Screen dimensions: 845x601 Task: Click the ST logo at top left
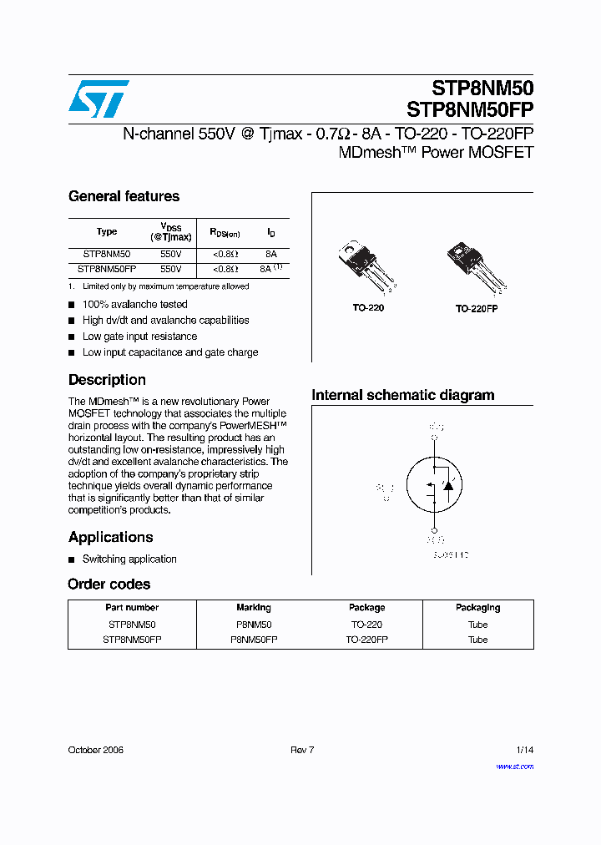[x=98, y=99]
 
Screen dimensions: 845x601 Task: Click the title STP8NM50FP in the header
[x=470, y=109]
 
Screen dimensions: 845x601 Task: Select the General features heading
[x=124, y=196]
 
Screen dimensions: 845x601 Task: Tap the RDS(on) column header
[x=225, y=233]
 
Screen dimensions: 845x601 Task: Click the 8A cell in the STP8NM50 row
[x=271, y=253]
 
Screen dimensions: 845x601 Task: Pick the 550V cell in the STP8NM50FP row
[x=171, y=270]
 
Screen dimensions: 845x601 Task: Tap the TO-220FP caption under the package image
[x=476, y=309]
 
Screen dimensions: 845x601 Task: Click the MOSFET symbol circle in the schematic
[x=434, y=484]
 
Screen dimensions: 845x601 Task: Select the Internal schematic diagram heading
[x=402, y=395]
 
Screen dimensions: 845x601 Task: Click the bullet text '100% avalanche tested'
[x=134, y=305]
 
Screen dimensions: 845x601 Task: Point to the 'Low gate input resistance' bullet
[x=139, y=336]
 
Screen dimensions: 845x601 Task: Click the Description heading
[x=107, y=380]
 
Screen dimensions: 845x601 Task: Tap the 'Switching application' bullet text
[x=129, y=559]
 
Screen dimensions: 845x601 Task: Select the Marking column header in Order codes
[x=254, y=608]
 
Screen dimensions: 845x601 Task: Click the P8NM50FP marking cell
[x=254, y=640]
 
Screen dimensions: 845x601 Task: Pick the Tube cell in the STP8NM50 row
[x=477, y=625]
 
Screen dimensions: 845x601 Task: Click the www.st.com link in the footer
[x=514, y=767]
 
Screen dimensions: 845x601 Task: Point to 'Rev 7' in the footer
[x=302, y=751]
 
